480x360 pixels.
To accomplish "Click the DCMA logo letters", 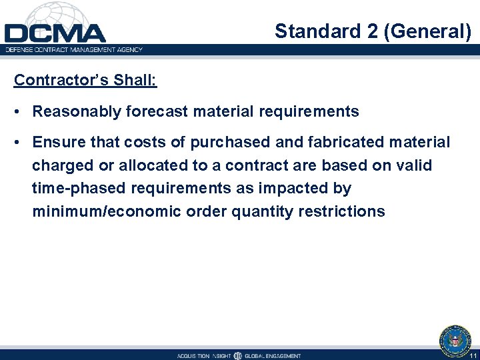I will coord(55,33).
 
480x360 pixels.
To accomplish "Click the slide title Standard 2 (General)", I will coord(373,31).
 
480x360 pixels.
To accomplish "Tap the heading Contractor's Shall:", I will coord(85,80).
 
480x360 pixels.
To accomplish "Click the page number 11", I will coord(472,356).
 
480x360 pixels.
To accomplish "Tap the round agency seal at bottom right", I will coord(455,341).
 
